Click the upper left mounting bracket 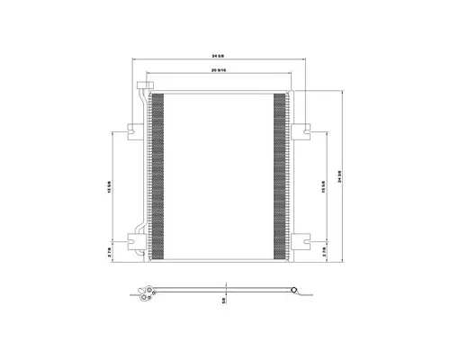tap(136, 129)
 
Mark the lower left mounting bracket tap(136, 239)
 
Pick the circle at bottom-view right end tap(294, 289)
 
